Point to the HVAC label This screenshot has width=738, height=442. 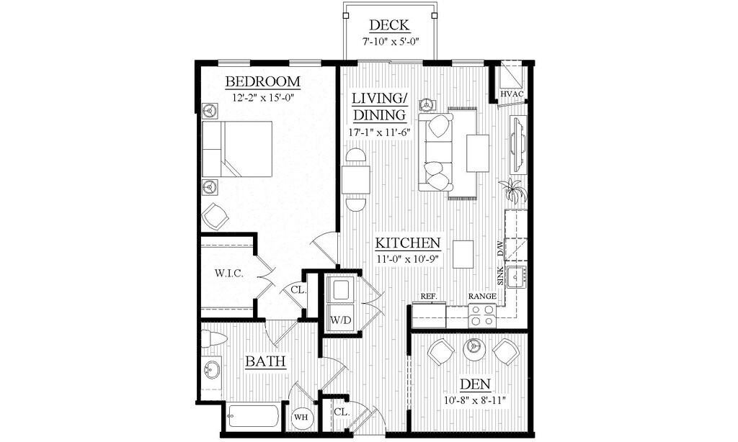pos(512,94)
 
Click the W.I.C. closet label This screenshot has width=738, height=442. pos(228,274)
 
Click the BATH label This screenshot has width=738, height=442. pos(264,361)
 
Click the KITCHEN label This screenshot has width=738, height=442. pos(407,243)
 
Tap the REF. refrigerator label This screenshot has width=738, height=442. pos(430,296)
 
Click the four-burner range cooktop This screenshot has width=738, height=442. pos(481,315)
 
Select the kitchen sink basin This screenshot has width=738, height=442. pos(517,276)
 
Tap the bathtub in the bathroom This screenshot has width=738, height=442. pos(252,417)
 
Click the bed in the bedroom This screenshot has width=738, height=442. pos(237,149)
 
